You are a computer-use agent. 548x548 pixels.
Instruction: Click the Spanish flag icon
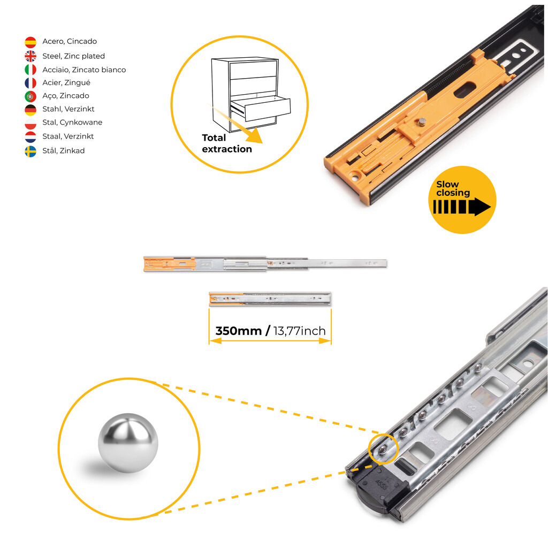point(31,42)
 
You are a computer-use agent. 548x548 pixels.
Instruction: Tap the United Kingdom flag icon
point(31,56)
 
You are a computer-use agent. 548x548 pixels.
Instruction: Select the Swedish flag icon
point(31,151)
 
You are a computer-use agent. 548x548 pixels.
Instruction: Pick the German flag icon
point(31,110)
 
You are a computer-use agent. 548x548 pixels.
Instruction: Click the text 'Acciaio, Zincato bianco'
point(84,70)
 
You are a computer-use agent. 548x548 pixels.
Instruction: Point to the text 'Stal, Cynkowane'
point(72,123)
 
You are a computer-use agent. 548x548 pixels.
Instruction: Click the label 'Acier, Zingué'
point(66,82)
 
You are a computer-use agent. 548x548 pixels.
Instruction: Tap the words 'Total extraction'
point(227,143)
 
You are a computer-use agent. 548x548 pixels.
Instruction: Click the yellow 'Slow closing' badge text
point(453,188)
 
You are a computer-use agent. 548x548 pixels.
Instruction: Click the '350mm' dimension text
point(238,331)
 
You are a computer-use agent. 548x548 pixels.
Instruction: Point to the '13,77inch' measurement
point(299,331)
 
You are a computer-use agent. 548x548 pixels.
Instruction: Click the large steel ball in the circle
point(128,443)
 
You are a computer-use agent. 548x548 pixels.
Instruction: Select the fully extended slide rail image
point(265,264)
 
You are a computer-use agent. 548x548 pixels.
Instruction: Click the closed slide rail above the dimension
point(270,299)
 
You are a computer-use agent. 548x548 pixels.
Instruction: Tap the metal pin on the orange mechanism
point(422,122)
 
